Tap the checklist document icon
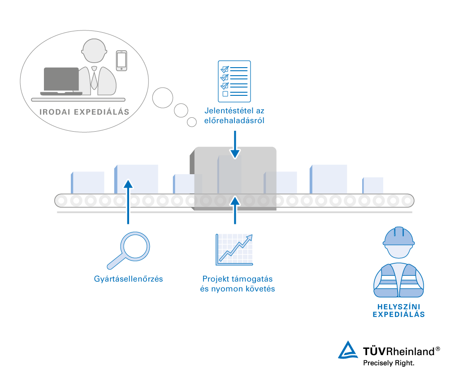point(234,81)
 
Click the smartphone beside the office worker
point(121,60)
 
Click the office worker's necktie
point(95,78)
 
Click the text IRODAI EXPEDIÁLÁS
point(85,112)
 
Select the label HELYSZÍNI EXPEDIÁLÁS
point(399,310)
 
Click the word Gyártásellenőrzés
point(129,279)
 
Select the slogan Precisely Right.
point(389,363)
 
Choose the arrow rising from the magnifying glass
point(128,202)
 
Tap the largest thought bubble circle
point(162,97)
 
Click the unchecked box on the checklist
point(225,94)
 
